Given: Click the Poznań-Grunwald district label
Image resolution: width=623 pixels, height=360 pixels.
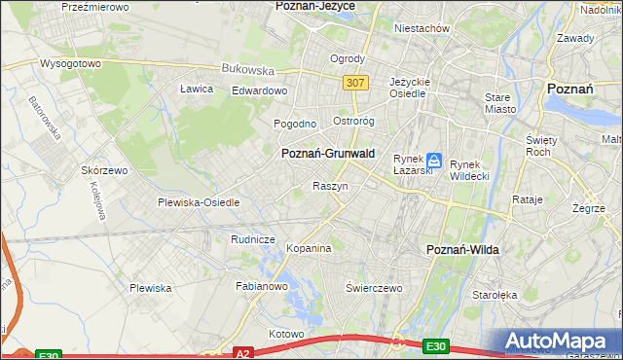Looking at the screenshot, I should coord(327,154).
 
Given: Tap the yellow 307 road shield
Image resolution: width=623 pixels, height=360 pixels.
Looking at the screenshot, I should coord(355,84).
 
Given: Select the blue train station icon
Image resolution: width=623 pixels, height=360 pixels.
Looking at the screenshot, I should coord(434,161).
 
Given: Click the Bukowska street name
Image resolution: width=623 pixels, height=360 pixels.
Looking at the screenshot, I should coord(248,70).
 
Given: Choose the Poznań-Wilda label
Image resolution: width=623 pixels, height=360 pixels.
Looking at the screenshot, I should coord(463,250).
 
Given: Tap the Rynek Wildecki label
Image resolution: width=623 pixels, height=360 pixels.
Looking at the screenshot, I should coord(473,171).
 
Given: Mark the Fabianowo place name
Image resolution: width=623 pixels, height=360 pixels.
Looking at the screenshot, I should coord(262,287).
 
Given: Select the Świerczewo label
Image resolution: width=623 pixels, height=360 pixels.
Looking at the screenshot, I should coord(375,288).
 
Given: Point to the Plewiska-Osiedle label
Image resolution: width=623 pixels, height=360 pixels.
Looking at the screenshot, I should coord(199,203).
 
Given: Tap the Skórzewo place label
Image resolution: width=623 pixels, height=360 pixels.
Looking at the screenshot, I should coord(105,170).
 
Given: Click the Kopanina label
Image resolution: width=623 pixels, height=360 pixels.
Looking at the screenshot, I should coord(309,248).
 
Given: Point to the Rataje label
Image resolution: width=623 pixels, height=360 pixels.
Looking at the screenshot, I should coord(527,199).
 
